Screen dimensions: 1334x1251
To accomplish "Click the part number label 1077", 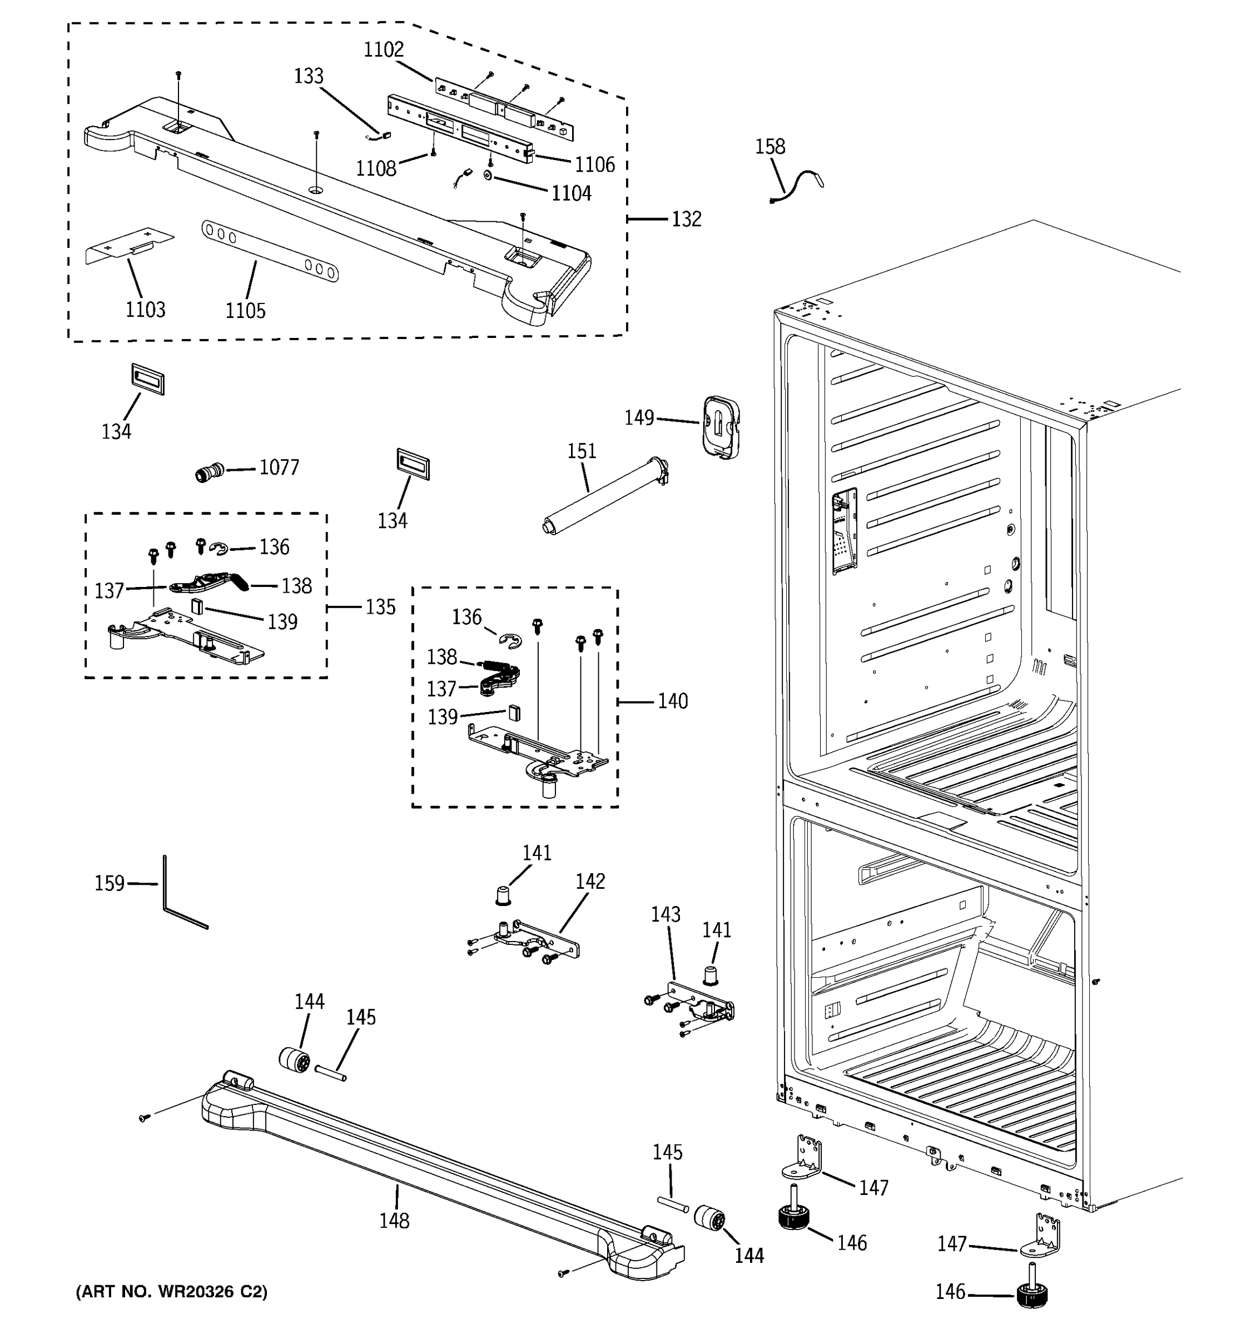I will click(x=279, y=467).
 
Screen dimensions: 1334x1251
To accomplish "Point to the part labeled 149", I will click(x=721, y=428).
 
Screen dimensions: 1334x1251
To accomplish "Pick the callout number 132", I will click(x=686, y=220).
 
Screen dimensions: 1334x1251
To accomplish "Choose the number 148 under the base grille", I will click(x=394, y=1221).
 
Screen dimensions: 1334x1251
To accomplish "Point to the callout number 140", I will click(x=672, y=701).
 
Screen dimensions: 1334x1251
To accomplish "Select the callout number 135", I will click(x=380, y=608).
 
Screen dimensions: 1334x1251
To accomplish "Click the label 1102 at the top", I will click(x=384, y=49).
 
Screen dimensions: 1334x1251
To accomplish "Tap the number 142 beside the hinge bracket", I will click(x=590, y=881).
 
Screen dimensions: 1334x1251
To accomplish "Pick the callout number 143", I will click(x=666, y=914).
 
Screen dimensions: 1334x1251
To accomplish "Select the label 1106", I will click(x=594, y=165).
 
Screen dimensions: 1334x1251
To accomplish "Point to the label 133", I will click(x=309, y=76).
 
